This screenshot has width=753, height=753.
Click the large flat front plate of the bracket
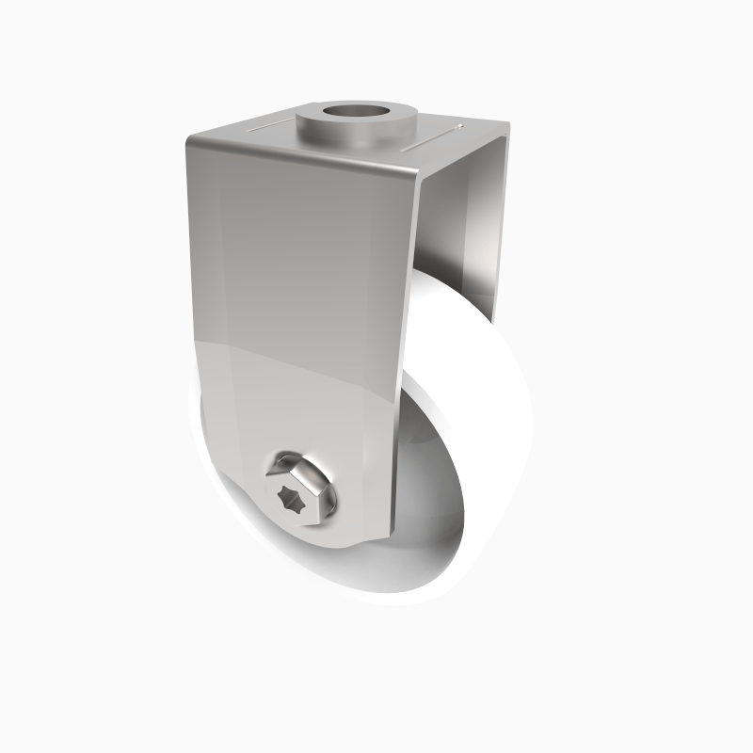292,282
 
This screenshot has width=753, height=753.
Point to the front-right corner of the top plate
418,175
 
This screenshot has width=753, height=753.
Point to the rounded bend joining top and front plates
301,156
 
